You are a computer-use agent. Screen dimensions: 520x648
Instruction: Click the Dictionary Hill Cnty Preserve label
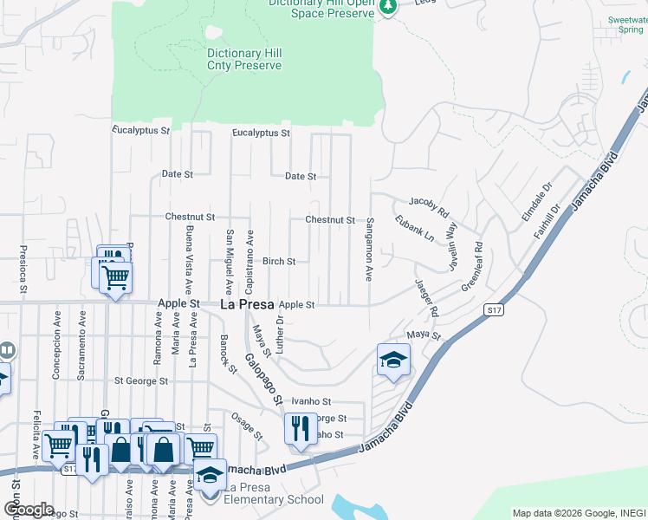click(244, 59)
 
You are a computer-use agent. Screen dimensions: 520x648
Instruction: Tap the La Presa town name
click(247, 305)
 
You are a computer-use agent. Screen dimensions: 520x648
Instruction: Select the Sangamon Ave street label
click(369, 250)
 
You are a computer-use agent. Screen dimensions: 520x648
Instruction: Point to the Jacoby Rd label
click(428, 206)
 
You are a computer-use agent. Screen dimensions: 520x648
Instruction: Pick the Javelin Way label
click(451, 247)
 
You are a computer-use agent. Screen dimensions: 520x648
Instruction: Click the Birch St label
click(279, 261)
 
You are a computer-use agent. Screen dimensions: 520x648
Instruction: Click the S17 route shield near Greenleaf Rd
click(494, 309)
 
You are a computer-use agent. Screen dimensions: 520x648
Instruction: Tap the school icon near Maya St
click(393, 360)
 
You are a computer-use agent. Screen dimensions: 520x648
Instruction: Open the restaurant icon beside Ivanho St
click(301, 428)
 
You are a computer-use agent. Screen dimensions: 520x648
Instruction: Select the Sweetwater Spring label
click(625, 23)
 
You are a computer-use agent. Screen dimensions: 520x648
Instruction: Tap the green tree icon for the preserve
click(389, 6)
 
